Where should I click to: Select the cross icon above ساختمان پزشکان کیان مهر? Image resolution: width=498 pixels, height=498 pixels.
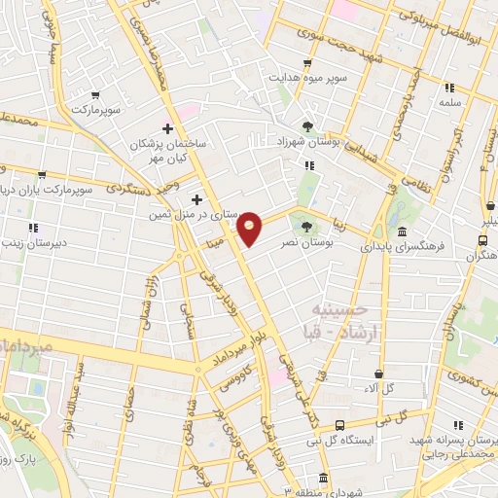pyautogui.click(x=167, y=127)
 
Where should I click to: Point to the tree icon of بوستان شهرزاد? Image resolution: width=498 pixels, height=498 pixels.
pyautogui.click(x=307, y=126)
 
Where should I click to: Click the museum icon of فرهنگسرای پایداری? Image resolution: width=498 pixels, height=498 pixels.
pyautogui.click(x=403, y=231)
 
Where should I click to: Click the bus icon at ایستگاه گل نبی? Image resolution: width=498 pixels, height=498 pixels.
pyautogui.click(x=339, y=425)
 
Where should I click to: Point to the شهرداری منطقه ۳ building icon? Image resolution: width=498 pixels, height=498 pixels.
pyautogui.click(x=322, y=480)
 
